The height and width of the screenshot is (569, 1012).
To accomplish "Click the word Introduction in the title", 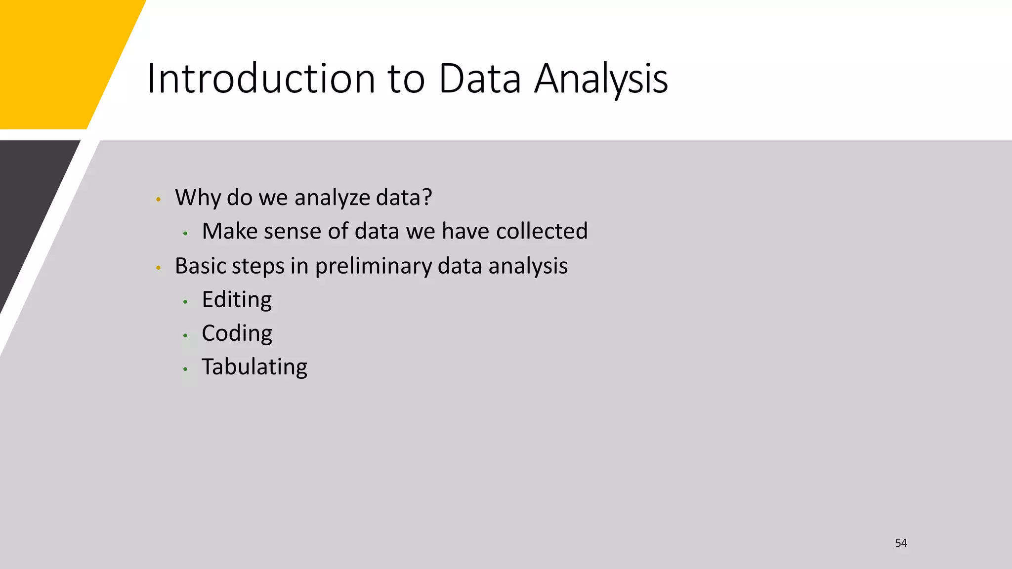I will click(x=261, y=79).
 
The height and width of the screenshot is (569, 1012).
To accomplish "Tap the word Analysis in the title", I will click(x=601, y=79).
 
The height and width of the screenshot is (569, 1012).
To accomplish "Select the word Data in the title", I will click(x=479, y=79).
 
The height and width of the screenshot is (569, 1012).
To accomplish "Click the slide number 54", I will click(x=901, y=543).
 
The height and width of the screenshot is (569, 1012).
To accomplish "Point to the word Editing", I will click(x=237, y=300).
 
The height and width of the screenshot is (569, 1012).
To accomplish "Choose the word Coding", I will click(x=237, y=333).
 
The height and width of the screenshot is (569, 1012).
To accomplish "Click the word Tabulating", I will click(x=254, y=367).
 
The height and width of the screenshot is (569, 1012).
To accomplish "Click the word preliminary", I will click(x=373, y=266).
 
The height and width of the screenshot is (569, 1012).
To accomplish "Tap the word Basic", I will click(x=200, y=266).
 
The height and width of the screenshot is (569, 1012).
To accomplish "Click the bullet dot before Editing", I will click(x=185, y=301).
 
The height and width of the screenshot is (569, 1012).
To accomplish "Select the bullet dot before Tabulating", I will click(x=185, y=369).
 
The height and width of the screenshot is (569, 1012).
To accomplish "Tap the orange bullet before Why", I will click(x=158, y=200).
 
